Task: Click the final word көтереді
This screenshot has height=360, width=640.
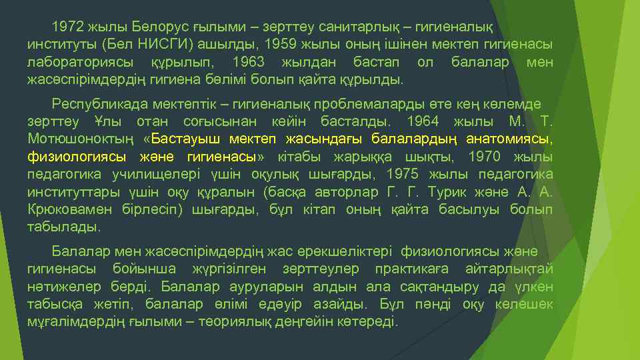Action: pyautogui.click(x=369, y=321)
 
